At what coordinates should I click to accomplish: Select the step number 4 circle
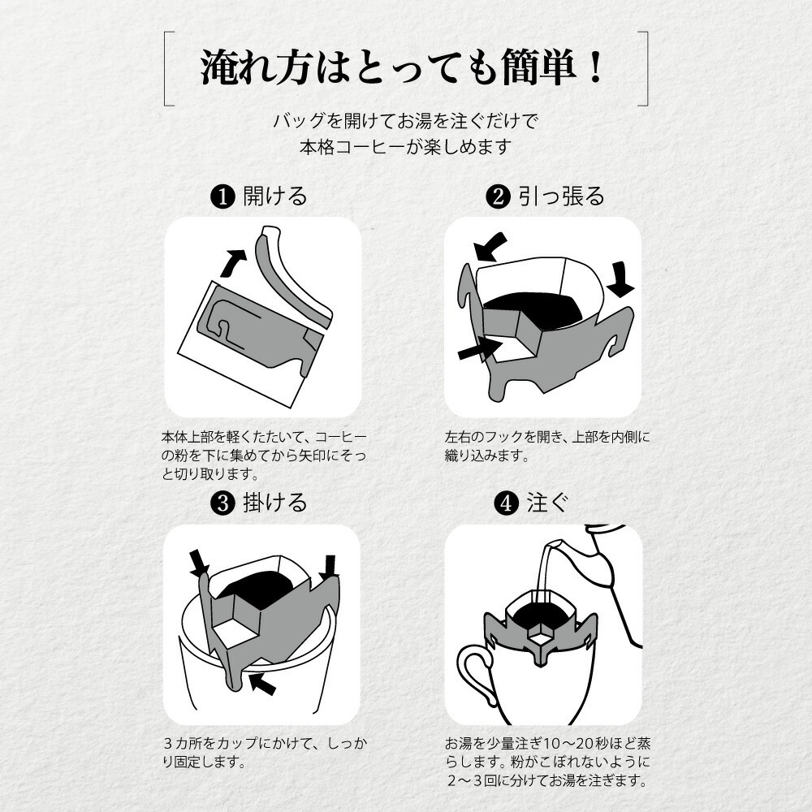(505, 503)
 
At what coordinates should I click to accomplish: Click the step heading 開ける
(275, 197)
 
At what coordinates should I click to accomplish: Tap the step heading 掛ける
(275, 503)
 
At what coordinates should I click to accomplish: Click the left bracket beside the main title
(166, 69)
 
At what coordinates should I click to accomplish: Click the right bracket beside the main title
(644, 69)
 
